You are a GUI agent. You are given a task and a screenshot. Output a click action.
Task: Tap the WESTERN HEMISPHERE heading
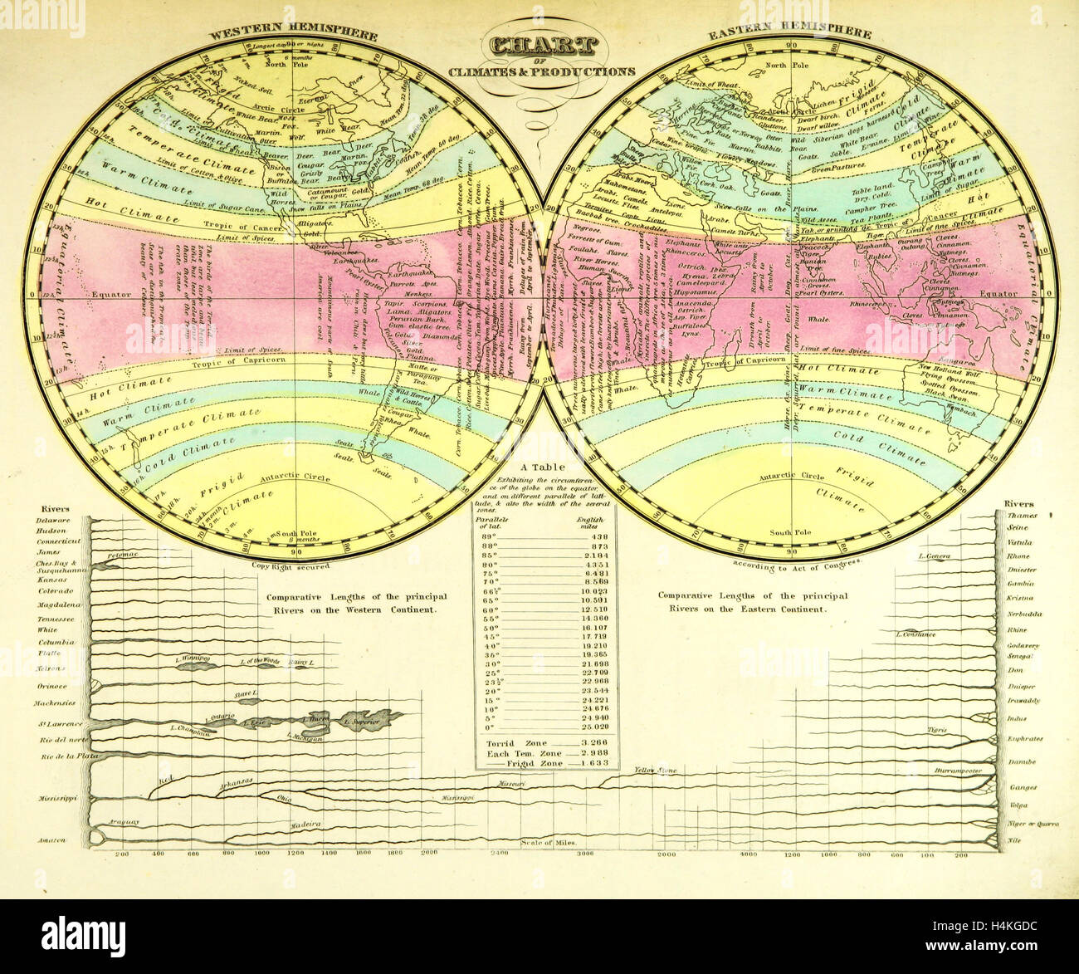click(x=293, y=36)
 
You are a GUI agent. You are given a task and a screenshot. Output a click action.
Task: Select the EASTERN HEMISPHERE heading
click(x=788, y=33)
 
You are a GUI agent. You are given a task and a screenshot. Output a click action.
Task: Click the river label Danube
click(x=1023, y=761)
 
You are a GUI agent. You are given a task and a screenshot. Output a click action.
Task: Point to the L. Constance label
click(x=915, y=635)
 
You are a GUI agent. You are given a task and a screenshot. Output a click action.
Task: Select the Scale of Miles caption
click(x=549, y=843)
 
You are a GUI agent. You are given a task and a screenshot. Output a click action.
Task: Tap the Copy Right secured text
click(x=290, y=565)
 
